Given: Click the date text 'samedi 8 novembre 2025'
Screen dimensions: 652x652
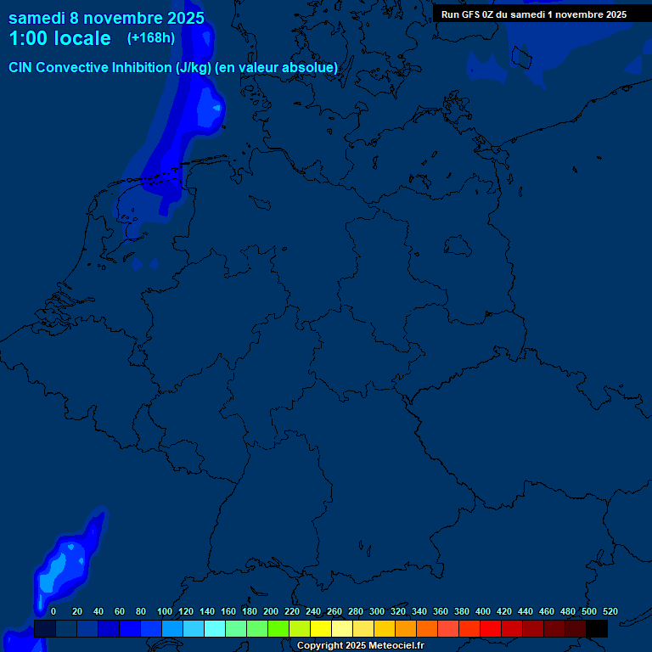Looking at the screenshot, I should click(x=106, y=18).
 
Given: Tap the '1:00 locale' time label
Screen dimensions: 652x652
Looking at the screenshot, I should click(x=59, y=38).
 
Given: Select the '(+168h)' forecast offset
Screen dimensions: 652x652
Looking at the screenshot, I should click(x=151, y=38).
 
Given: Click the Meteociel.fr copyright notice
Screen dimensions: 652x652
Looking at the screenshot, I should click(x=360, y=646).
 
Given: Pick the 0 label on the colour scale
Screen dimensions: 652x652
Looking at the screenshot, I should click(x=53, y=611).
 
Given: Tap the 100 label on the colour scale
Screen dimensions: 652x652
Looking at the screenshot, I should click(x=165, y=611).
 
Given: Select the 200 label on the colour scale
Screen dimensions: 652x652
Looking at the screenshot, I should click(x=271, y=611).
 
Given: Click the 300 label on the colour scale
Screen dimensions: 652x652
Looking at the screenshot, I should click(x=377, y=611).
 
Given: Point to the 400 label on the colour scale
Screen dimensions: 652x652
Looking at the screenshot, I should click(x=483, y=611).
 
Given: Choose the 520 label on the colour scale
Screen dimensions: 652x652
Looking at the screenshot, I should click(x=610, y=611).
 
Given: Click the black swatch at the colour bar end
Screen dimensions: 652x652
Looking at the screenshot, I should click(x=597, y=629).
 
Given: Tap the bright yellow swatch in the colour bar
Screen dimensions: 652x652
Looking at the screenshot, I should click(x=321, y=629).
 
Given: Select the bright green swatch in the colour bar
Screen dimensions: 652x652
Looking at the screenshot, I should click(x=278, y=629).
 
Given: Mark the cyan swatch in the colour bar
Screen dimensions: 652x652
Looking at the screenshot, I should click(x=215, y=629).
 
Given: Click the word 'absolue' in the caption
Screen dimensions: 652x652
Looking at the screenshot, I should click(x=311, y=67).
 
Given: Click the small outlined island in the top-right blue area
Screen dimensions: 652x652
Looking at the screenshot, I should click(x=520, y=57).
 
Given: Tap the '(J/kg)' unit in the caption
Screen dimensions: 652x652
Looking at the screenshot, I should click(x=194, y=67).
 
